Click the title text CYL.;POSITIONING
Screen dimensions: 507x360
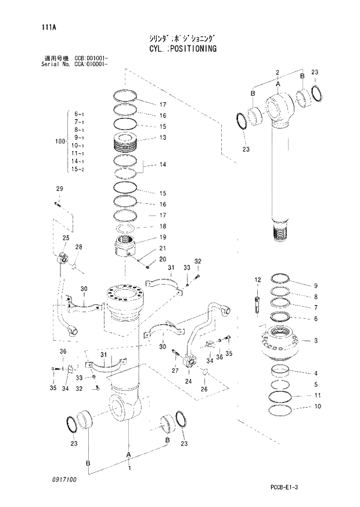pos(178,49)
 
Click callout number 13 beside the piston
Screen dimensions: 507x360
pos(163,138)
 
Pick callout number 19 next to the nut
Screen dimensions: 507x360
pos(163,238)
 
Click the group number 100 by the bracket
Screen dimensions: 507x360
pos(59,141)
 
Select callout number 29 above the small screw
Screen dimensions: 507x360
pos(59,189)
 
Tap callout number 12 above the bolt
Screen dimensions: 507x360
pos(257,281)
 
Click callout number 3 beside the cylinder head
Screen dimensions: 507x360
pos(315,340)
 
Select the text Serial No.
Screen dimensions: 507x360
pos(53,64)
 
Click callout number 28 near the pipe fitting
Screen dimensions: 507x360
pos(79,247)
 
